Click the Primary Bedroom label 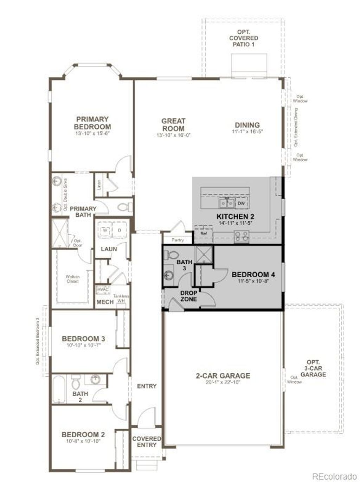click(92, 123)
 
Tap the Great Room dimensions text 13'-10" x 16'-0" click(173, 135)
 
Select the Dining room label click(247, 125)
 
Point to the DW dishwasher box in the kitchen click(241, 203)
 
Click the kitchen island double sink click(227, 203)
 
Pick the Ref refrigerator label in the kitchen click(203, 233)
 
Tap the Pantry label click(178, 240)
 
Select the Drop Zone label click(189, 296)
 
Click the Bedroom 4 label click(253, 275)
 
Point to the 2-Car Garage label click(223, 375)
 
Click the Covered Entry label click(147, 442)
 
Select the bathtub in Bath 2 click(59, 390)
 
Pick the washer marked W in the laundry click(105, 230)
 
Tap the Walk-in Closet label click(72, 279)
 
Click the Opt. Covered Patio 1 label click(244, 38)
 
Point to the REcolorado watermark click(334, 476)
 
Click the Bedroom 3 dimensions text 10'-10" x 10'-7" click(83, 346)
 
